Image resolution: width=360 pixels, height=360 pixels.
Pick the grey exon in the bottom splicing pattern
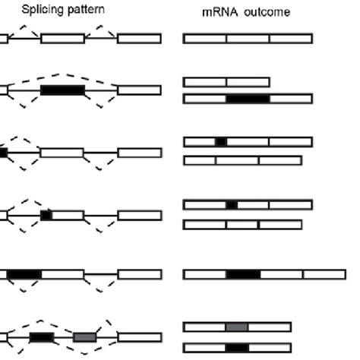85,337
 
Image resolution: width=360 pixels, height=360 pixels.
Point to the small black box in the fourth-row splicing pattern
46,215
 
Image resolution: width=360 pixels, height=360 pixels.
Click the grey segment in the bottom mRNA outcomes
237,327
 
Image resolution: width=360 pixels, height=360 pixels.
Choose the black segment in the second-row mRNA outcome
248,99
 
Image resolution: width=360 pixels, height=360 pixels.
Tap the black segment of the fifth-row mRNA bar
243,274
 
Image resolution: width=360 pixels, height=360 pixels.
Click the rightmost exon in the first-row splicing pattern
139,38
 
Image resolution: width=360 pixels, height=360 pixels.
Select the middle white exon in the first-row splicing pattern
63,38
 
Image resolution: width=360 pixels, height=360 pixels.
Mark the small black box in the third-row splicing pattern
4,153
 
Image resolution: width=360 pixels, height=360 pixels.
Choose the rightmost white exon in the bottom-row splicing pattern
139,337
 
